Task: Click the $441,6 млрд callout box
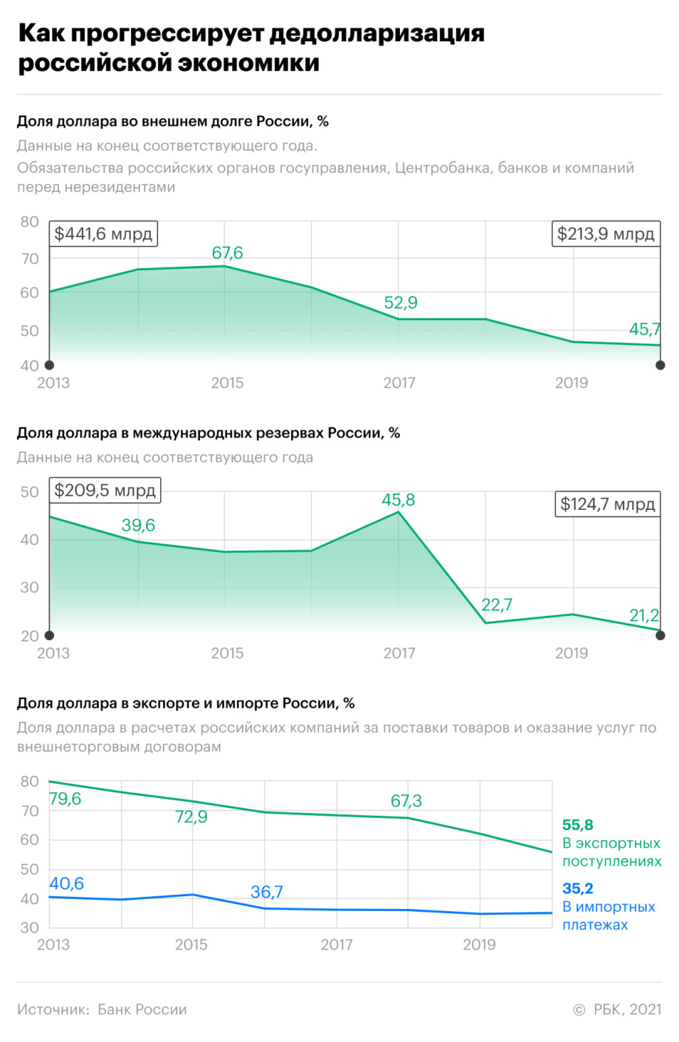pyautogui.click(x=103, y=234)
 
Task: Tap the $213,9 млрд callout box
pyautogui.click(x=605, y=234)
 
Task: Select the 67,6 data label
pyautogui.click(x=227, y=253)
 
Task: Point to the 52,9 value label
pyautogui.click(x=401, y=303)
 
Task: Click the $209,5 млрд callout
pyautogui.click(x=105, y=490)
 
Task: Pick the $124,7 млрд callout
pyautogui.click(x=607, y=504)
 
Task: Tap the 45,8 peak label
pyautogui.click(x=399, y=500)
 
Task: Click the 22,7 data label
pyautogui.click(x=497, y=604)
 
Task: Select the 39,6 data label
pyautogui.click(x=139, y=525)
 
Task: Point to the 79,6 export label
pyautogui.click(x=66, y=799)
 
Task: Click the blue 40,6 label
pyautogui.click(x=67, y=883)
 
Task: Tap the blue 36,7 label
pyautogui.click(x=267, y=892)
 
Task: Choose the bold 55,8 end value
pyautogui.click(x=578, y=825)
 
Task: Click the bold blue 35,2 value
pyautogui.click(x=578, y=888)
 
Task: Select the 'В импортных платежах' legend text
pyautogui.click(x=609, y=916)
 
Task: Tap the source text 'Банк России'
pyautogui.click(x=142, y=1010)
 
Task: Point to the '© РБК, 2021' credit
pyautogui.click(x=617, y=1010)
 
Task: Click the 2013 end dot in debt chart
pyautogui.click(x=49, y=365)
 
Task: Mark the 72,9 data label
pyautogui.click(x=191, y=817)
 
